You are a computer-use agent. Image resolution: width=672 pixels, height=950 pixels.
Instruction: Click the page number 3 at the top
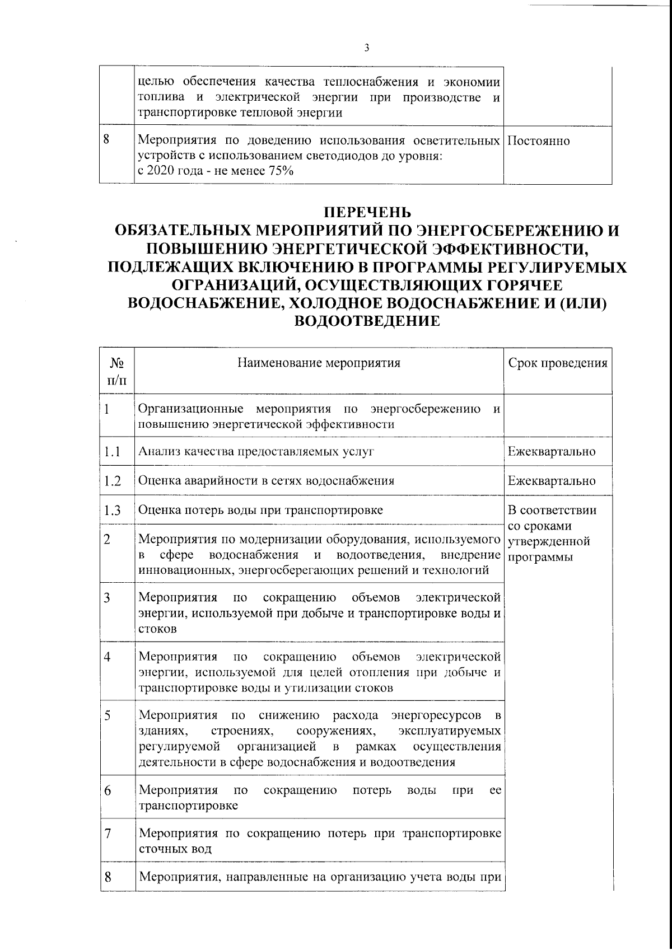coord(366,48)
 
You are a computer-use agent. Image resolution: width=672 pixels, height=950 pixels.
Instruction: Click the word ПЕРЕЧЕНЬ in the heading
coord(369,213)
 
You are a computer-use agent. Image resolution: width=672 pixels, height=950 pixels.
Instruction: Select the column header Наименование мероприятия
coord(319,363)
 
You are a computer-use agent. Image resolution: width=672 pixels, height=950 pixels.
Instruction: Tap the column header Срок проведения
coord(558,363)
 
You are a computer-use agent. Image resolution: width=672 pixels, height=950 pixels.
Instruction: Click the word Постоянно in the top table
coord(539,141)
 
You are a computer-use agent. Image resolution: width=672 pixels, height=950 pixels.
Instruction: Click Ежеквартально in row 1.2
coord(552,480)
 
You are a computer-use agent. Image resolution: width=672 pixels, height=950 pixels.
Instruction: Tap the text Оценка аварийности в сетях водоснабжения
coord(266,480)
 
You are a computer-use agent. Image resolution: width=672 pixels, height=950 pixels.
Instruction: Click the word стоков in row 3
coord(157,629)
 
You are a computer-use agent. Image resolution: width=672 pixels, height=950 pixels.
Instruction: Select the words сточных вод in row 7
coord(175,849)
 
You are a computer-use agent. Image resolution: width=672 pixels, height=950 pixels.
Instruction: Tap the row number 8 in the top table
coord(106,140)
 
